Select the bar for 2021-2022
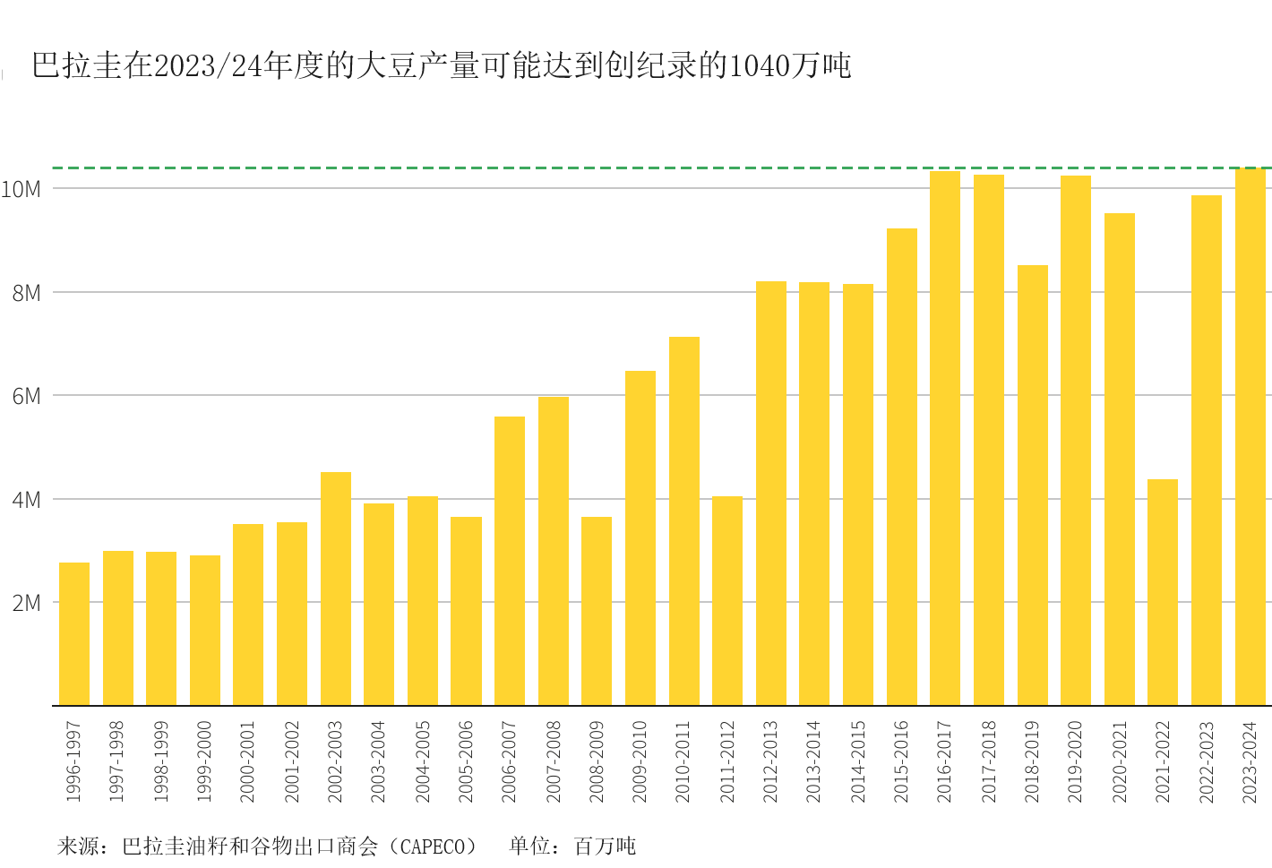(x=1163, y=592)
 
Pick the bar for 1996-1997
(x=74, y=633)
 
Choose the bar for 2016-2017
(x=945, y=438)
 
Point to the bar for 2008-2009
(x=597, y=611)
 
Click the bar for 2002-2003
(x=336, y=589)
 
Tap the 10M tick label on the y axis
(x=21, y=189)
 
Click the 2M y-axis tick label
(x=27, y=603)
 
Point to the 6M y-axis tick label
(x=27, y=396)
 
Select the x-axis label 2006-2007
(x=509, y=761)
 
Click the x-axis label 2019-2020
(x=1075, y=761)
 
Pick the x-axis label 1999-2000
(x=204, y=761)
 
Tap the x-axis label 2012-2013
(x=770, y=761)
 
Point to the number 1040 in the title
(x=760, y=66)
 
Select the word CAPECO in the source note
(x=437, y=846)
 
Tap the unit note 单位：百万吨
(x=572, y=846)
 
